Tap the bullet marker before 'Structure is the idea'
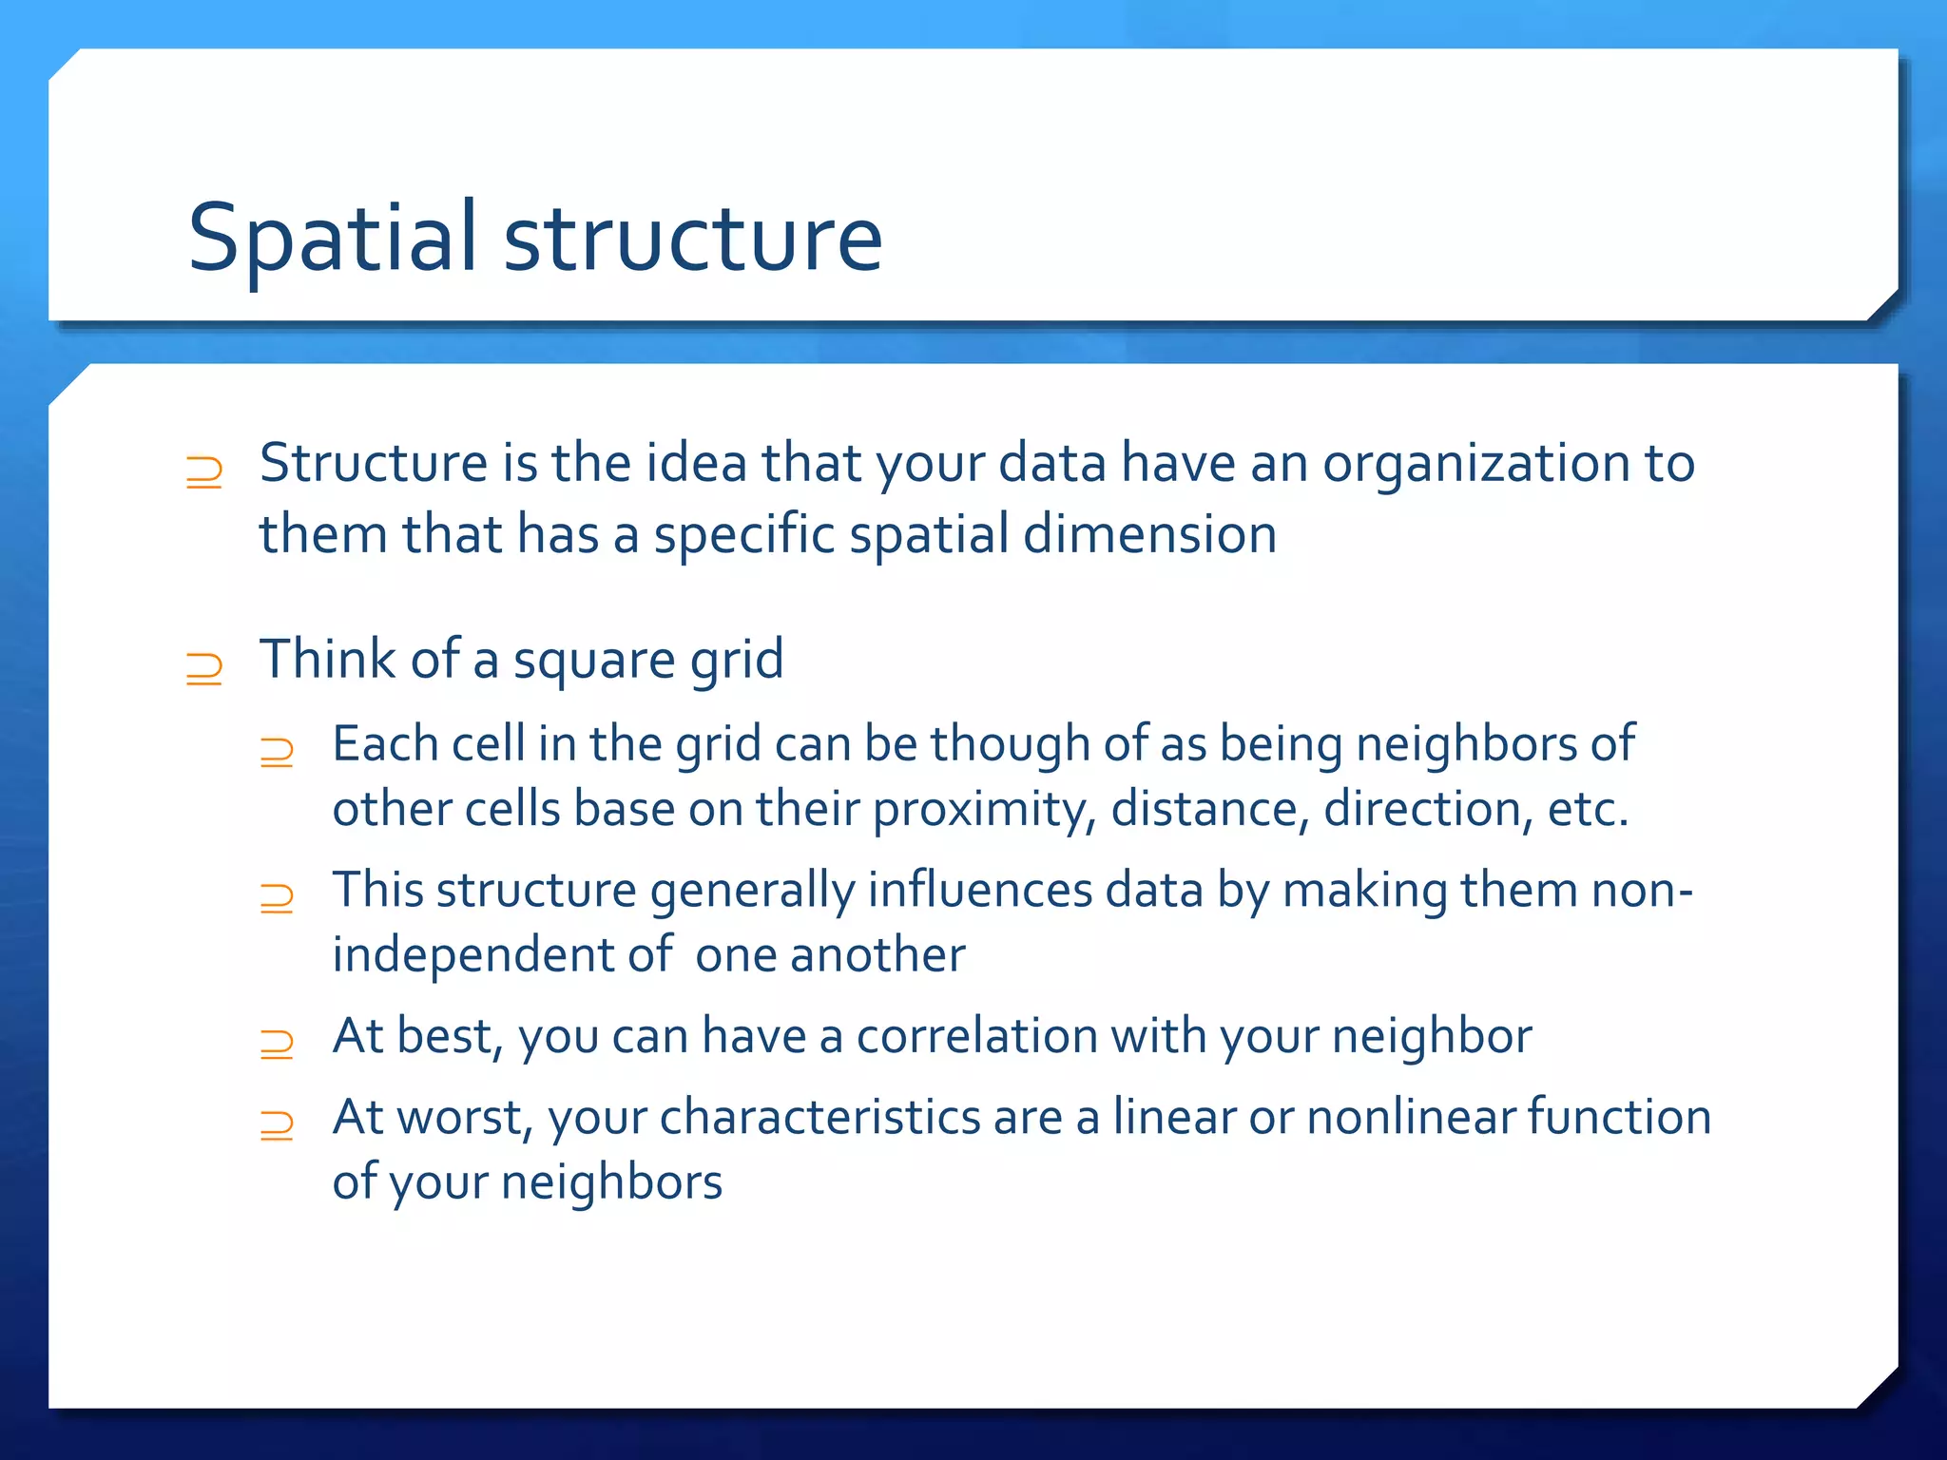point(203,471)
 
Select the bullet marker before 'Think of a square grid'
point(203,668)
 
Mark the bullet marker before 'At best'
point(277,1044)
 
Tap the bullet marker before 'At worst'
point(277,1125)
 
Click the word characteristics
point(819,1118)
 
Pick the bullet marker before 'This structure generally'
point(277,898)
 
